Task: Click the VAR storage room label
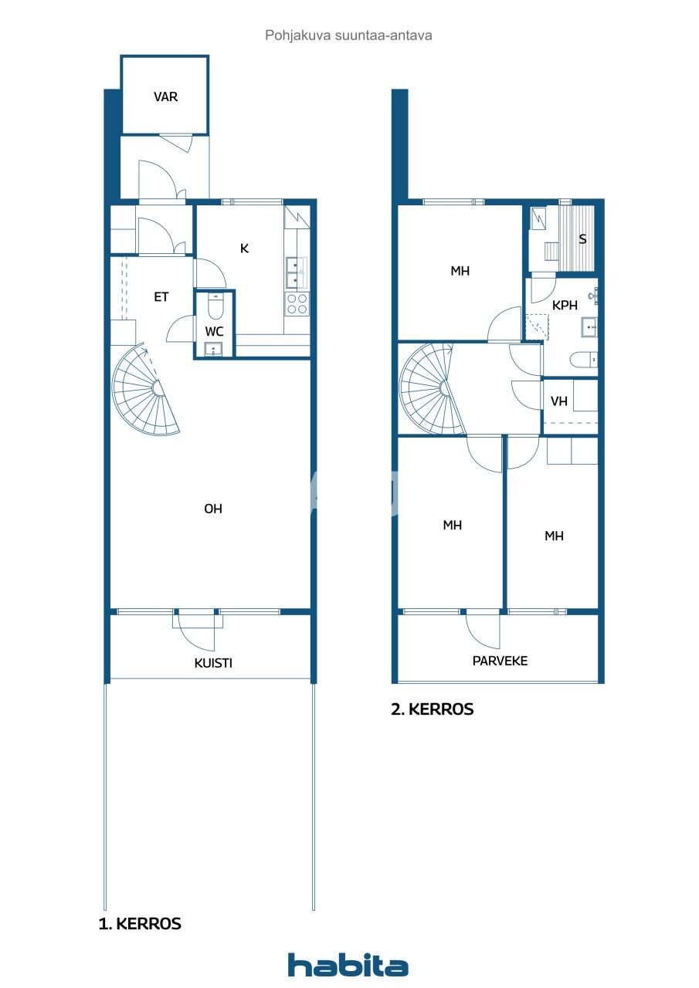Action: pos(165,97)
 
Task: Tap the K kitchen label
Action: pos(244,249)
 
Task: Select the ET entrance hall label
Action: pos(161,296)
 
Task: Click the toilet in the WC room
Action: pos(215,309)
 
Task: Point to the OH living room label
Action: pos(213,509)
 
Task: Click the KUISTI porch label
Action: pos(213,663)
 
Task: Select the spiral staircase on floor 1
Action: pos(147,391)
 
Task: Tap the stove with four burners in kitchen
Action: pos(297,304)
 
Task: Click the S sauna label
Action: pos(582,239)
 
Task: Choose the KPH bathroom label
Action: pos(565,306)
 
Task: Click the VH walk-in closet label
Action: pos(558,401)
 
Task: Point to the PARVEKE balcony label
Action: pos(500,661)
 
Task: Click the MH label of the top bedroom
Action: pos(460,271)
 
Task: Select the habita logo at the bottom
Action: pos(348,965)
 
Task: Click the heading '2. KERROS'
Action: pos(433,709)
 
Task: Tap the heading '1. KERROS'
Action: pos(140,923)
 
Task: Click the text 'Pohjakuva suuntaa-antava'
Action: pos(348,35)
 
